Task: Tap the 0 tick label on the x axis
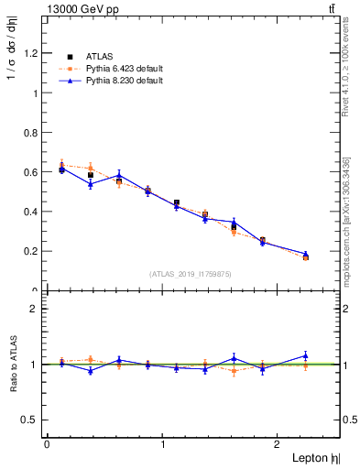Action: pyautogui.click(x=46, y=444)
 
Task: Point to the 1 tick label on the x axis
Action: pyautogui.click(x=162, y=444)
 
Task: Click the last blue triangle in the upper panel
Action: pyautogui.click(x=306, y=254)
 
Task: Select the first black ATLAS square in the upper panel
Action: pyautogui.click(x=61, y=169)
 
